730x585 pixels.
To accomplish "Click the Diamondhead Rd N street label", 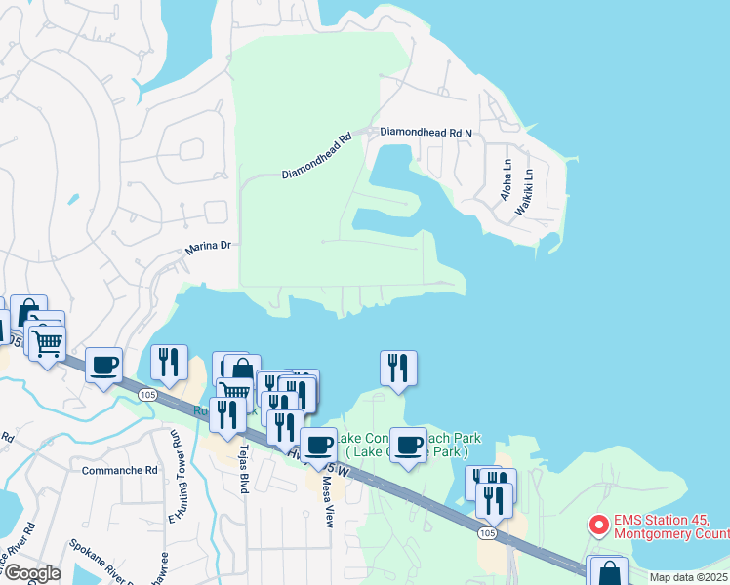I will [426, 132].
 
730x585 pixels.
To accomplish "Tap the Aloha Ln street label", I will [506, 183].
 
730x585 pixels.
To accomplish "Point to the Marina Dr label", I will [207, 249].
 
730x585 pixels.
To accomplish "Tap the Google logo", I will [32, 573].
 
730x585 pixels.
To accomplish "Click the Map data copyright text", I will [688, 577].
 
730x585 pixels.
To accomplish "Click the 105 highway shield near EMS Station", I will [486, 532].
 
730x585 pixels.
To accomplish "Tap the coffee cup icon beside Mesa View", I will [317, 445].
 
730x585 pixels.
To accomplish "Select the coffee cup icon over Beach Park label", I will [409, 445].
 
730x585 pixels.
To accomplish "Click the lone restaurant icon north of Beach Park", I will [398, 367].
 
